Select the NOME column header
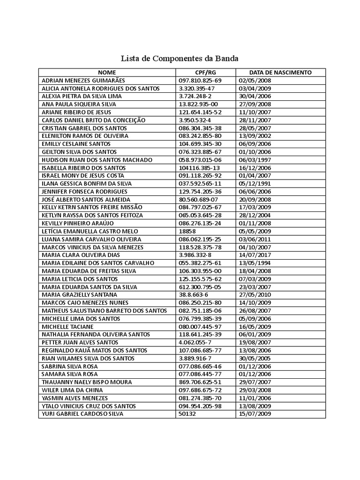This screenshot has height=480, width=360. (x=106, y=73)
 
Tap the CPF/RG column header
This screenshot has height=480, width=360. (x=205, y=73)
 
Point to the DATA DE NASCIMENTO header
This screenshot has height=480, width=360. (x=280, y=73)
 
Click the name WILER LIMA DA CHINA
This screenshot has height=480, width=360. (x=72, y=390)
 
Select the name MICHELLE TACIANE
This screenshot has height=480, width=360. (x=67, y=326)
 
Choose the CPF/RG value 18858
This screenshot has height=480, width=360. (x=187, y=231)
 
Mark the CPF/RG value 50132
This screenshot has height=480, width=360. (x=187, y=414)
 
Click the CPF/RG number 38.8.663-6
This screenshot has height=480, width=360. (x=194, y=295)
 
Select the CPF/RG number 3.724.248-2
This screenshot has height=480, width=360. (x=195, y=96)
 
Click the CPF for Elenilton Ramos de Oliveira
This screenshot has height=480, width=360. (x=200, y=136)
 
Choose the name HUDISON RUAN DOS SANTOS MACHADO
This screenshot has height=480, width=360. (x=97, y=160)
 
